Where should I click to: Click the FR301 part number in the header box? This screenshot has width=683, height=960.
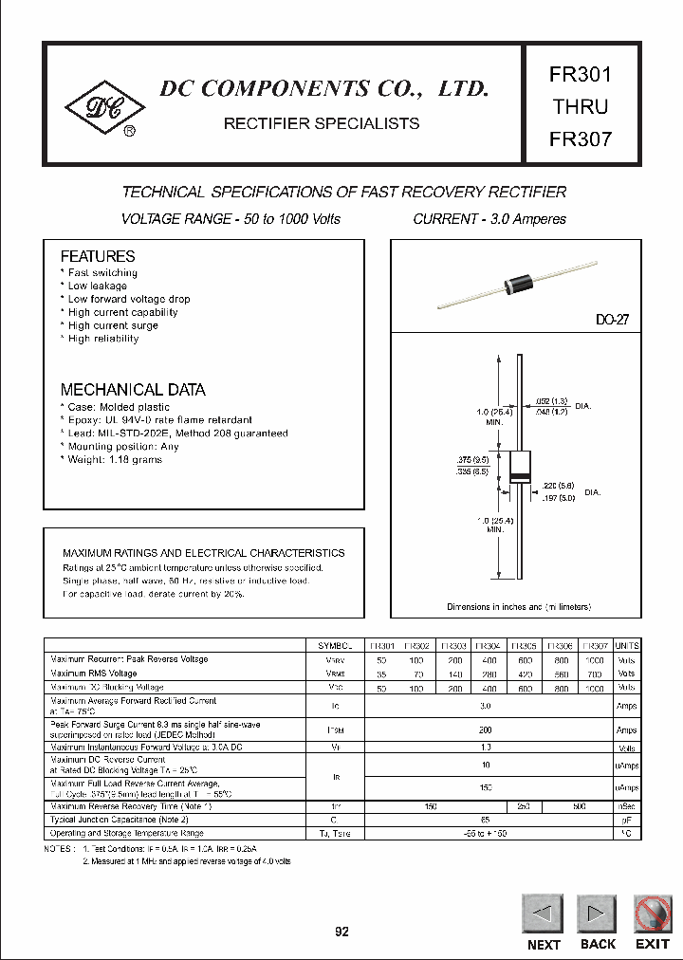581,74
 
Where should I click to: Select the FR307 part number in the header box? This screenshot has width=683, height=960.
581,138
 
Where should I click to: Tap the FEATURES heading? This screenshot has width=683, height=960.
98,256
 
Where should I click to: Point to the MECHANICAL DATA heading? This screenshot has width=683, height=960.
133,390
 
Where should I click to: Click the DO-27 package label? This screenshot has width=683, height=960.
612,321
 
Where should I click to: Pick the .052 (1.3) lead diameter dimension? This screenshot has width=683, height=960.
550,401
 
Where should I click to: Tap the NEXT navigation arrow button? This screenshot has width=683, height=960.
544,914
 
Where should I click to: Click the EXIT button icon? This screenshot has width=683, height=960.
653,914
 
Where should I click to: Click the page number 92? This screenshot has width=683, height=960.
341,932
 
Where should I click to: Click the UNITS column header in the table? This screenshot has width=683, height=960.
627,645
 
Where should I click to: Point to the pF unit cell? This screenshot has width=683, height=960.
627,818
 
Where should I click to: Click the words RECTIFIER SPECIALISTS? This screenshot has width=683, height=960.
321,123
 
